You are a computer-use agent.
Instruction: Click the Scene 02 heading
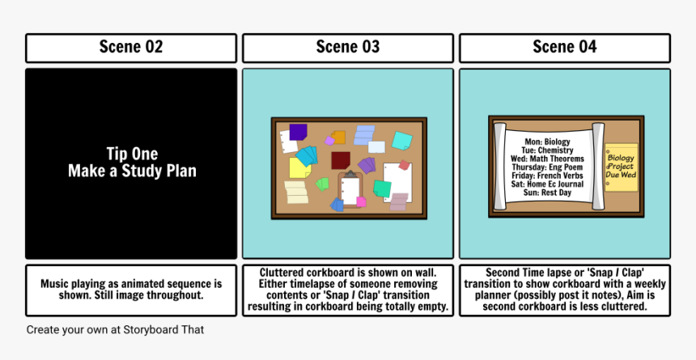pyautogui.click(x=131, y=47)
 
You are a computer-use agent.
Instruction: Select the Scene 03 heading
pyautogui.click(x=348, y=47)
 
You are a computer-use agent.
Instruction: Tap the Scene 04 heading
pyautogui.click(x=565, y=47)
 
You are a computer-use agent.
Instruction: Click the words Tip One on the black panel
pyautogui.click(x=132, y=154)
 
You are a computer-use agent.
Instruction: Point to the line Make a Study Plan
pyautogui.click(x=132, y=171)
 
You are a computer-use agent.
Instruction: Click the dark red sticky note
pyautogui.click(x=341, y=160)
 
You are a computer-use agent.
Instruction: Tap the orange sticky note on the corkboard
pyautogui.click(x=338, y=138)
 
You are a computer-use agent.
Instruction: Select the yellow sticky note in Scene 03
pyautogui.click(x=299, y=168)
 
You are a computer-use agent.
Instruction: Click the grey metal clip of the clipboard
pyautogui.click(x=350, y=174)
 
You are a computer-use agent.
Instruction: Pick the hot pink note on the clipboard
pyautogui.click(x=361, y=202)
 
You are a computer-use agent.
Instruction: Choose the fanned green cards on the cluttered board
pyautogui.click(x=323, y=184)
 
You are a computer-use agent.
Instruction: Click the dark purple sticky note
pyautogui.click(x=299, y=132)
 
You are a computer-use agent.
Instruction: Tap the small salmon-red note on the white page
pyautogui.click(x=404, y=165)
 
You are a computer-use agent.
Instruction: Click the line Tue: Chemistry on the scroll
pyautogui.click(x=547, y=150)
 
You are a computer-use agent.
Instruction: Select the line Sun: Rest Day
pyautogui.click(x=547, y=193)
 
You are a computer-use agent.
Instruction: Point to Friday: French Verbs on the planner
pyautogui.click(x=547, y=176)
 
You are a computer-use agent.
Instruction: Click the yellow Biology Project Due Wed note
pyautogui.click(x=622, y=167)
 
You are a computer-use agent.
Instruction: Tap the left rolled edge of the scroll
pyautogui.click(x=500, y=167)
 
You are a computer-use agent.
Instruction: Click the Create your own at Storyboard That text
pyautogui.click(x=115, y=330)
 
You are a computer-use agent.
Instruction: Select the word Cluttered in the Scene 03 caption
pyautogui.click(x=282, y=273)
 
